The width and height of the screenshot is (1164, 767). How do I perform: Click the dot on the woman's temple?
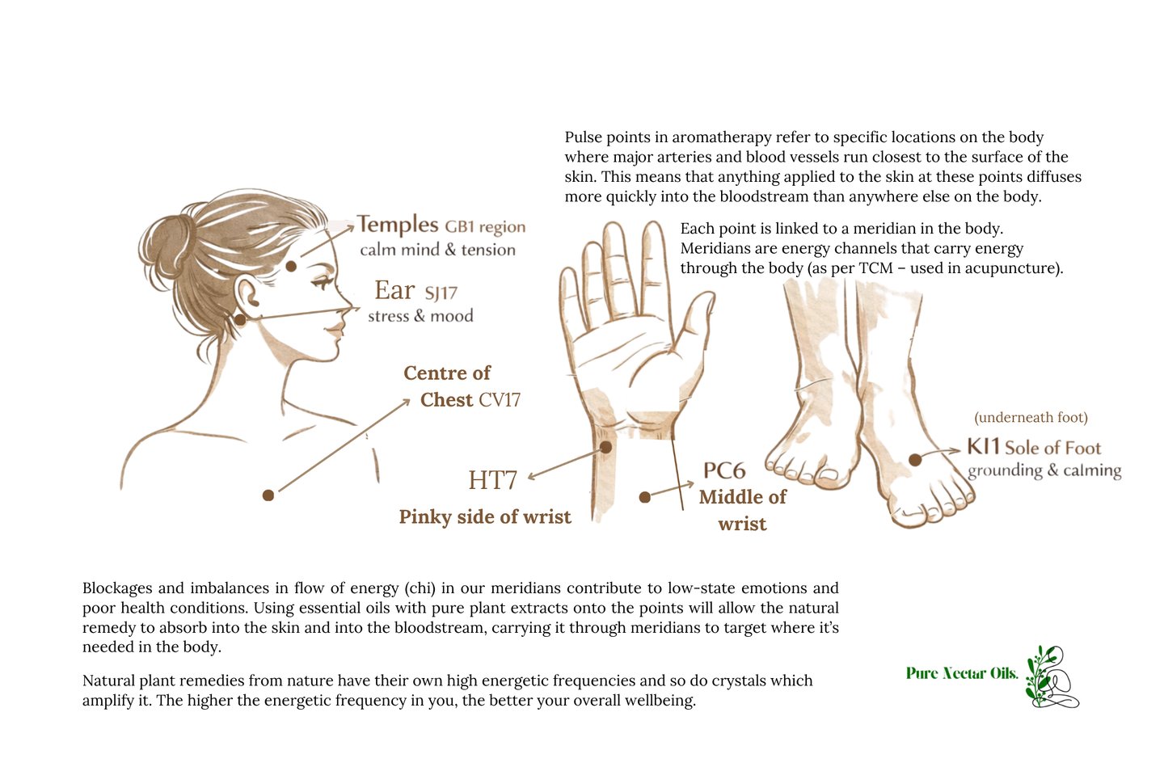pyautogui.click(x=291, y=266)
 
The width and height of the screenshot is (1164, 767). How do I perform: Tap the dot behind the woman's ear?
pyautogui.click(x=239, y=319)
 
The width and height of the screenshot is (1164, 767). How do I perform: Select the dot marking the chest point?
pyautogui.click(x=268, y=495)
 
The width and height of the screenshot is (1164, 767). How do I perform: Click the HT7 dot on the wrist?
pyautogui.click(x=606, y=446)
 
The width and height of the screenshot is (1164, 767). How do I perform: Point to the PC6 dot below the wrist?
pyautogui.click(x=645, y=497)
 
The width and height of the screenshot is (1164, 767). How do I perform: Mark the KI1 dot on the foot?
pyautogui.click(x=915, y=459)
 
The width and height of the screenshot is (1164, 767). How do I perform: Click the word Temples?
pyautogui.click(x=398, y=225)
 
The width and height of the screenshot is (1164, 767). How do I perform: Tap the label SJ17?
pyautogui.click(x=441, y=293)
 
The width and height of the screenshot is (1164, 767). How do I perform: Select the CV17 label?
pyautogui.click(x=500, y=400)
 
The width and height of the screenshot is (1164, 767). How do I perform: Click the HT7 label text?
pyautogui.click(x=492, y=480)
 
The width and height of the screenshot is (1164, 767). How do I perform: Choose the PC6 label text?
pyautogui.click(x=724, y=471)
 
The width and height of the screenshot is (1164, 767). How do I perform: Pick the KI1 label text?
pyautogui.click(x=983, y=446)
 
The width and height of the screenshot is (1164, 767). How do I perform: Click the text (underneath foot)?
pyautogui.click(x=1031, y=418)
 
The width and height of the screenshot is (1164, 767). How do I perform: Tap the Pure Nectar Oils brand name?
pyautogui.click(x=962, y=673)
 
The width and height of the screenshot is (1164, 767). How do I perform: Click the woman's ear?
pyautogui.click(x=247, y=296)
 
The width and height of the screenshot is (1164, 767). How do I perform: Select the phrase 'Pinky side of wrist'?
pyautogui.click(x=485, y=517)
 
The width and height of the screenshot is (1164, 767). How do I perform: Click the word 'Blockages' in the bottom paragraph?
pyautogui.click(x=117, y=588)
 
